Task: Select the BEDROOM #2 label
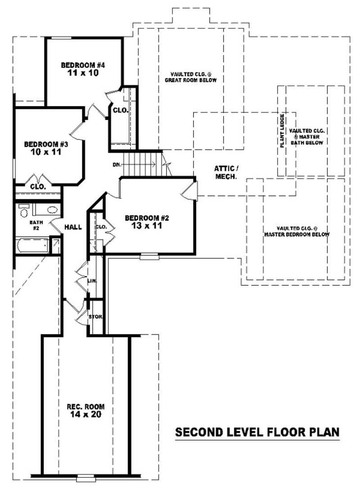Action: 147,218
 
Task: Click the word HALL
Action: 73,227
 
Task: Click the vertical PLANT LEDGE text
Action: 282,131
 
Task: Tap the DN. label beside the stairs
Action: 117,165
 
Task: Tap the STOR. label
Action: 96,317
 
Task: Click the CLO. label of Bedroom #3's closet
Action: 38,186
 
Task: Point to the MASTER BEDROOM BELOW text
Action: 297,234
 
